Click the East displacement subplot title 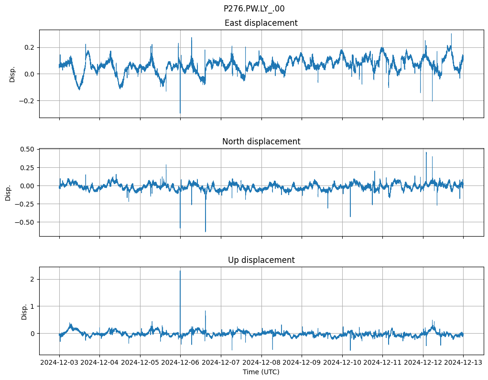(261, 23)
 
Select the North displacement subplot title (261, 141)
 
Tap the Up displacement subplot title (261, 260)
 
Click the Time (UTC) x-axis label (261, 371)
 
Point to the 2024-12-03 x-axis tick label (59, 362)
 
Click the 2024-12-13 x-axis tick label (463, 362)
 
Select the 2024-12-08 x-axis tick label (261, 362)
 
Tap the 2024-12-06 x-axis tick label (181, 362)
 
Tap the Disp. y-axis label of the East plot (12, 74)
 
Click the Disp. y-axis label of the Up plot (24, 311)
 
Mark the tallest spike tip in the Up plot (180, 271)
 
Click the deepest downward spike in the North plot (206, 232)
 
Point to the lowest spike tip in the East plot (180, 113)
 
